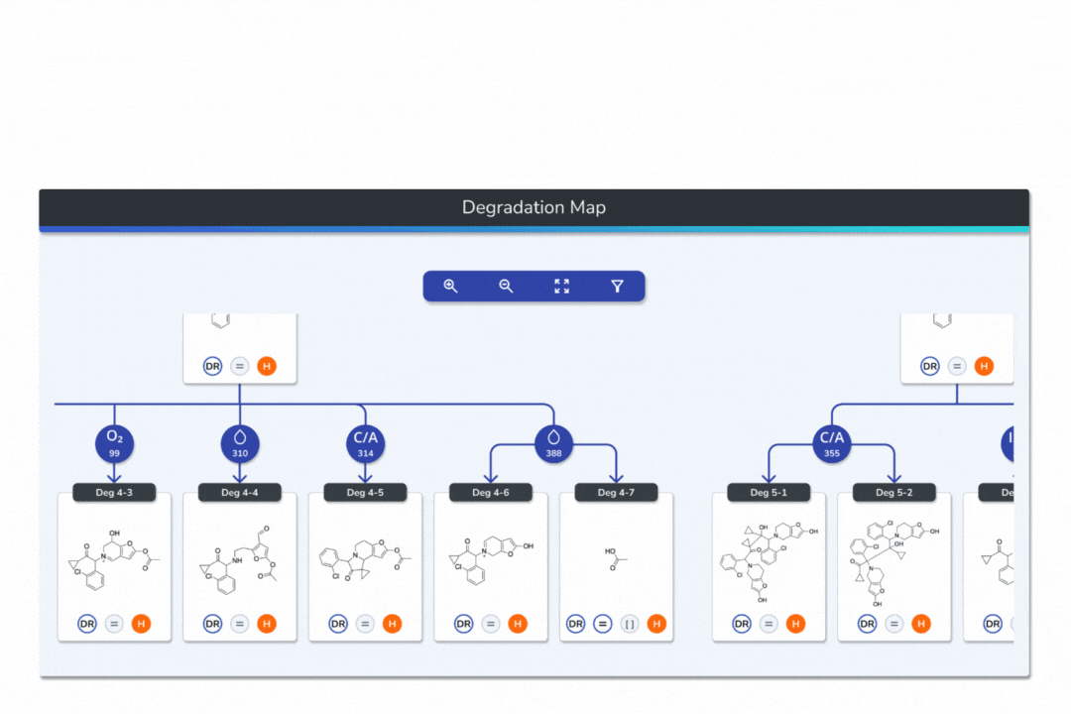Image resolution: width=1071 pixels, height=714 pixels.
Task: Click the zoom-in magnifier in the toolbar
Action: pyautogui.click(x=450, y=287)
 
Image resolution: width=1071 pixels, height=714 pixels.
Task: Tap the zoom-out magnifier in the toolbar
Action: pyautogui.click(x=506, y=287)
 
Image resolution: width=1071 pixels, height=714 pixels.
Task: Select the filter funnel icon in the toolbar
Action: pyautogui.click(x=617, y=287)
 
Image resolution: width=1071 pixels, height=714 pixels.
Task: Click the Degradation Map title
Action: pyautogui.click(x=534, y=208)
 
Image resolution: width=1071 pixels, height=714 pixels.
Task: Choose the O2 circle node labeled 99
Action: pyautogui.click(x=114, y=443)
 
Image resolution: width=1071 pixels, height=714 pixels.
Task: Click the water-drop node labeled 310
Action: pyautogui.click(x=239, y=443)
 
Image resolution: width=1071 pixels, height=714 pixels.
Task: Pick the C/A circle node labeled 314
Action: pyautogui.click(x=365, y=443)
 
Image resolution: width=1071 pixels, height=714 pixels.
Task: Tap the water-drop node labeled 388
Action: pyautogui.click(x=553, y=443)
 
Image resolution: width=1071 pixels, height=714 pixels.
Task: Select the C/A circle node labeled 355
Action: pyautogui.click(x=831, y=443)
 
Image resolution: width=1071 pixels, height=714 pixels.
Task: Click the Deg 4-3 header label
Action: pyautogui.click(x=114, y=493)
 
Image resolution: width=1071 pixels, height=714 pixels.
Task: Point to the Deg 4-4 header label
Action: pyautogui.click(x=239, y=493)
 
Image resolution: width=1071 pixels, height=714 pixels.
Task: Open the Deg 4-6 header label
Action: pyautogui.click(x=491, y=493)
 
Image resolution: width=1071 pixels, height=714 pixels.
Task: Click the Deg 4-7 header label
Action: pyautogui.click(x=616, y=493)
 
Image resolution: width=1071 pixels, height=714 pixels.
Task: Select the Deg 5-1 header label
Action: pyautogui.click(x=769, y=493)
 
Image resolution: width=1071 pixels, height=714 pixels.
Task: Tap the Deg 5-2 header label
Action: pyautogui.click(x=893, y=493)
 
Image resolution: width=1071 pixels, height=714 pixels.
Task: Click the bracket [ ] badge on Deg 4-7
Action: pyautogui.click(x=630, y=624)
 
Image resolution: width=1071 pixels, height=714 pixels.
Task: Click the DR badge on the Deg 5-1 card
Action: pyautogui.click(x=742, y=624)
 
